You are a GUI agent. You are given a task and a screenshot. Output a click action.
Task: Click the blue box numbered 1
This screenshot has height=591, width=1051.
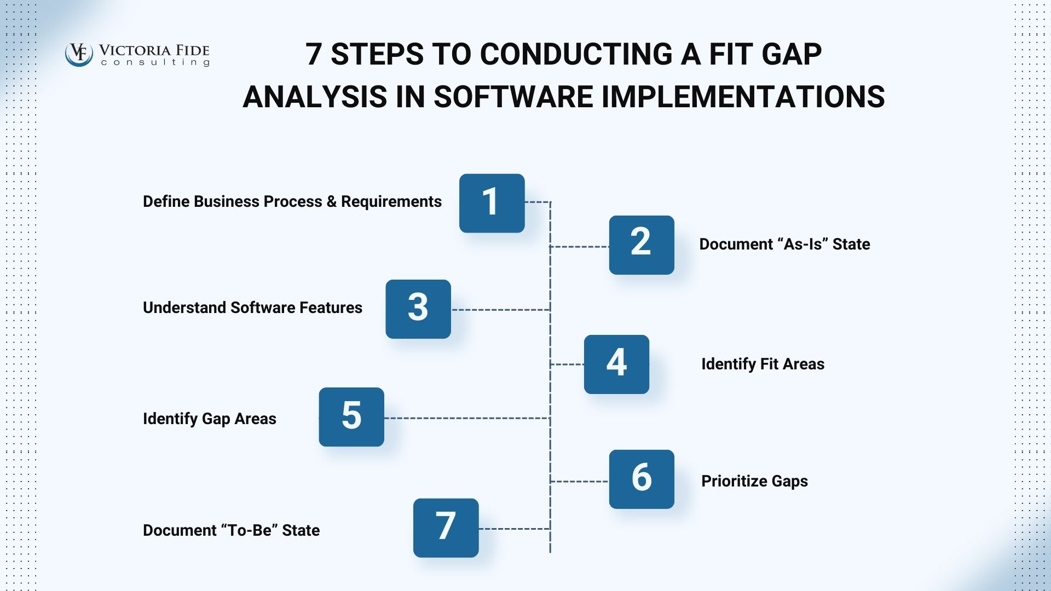pos(492,203)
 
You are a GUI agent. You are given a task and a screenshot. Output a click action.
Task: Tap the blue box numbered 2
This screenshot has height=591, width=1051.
pos(642,245)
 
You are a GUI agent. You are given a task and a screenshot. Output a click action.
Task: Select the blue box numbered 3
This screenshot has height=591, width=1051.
pos(418,309)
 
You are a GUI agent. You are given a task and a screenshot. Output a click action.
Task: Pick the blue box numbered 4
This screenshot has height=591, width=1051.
pos(616,364)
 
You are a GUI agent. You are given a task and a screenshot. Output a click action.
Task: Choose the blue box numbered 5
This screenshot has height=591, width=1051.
pos(351,417)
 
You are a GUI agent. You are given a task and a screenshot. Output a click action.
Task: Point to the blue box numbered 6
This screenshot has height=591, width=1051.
pos(642,479)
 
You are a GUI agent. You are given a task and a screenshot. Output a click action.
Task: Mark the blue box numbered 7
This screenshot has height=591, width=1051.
pos(446,528)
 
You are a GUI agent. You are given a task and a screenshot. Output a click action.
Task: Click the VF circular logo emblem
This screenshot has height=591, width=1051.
pos(79,54)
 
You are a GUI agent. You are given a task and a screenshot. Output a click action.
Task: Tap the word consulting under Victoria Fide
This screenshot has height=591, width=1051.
pos(155,63)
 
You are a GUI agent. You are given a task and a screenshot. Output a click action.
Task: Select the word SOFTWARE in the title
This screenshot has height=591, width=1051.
pos(513,97)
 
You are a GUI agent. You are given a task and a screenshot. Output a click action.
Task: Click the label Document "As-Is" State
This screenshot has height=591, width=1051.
pos(784,244)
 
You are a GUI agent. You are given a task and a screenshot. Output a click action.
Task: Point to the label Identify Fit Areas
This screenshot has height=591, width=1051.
pos(763,364)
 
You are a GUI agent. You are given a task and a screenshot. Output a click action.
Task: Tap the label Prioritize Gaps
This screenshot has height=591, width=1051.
pos(754,481)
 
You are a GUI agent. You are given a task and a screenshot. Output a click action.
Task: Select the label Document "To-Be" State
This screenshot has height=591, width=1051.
pos(231,530)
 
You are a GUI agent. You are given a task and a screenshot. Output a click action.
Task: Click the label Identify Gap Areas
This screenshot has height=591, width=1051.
pos(209,419)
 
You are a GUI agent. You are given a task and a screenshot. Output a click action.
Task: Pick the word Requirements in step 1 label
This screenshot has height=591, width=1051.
pos(391,201)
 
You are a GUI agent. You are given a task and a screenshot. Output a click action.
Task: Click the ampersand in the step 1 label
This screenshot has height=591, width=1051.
pos(331,201)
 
